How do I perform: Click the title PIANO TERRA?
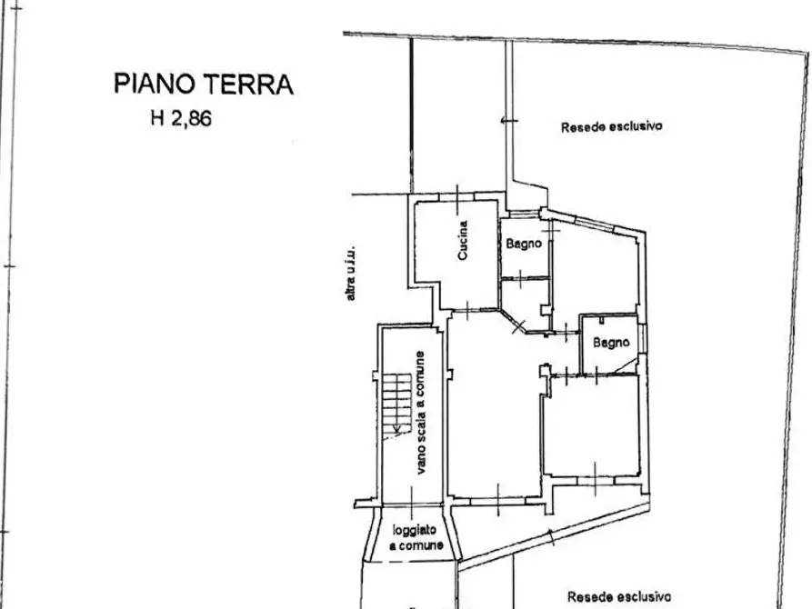(x=204, y=85)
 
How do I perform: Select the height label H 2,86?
(x=181, y=118)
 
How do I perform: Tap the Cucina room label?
(x=463, y=242)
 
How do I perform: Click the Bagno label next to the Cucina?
(x=524, y=244)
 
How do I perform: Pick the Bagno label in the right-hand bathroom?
(x=611, y=343)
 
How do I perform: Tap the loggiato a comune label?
(x=417, y=538)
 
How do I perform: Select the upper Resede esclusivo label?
(x=611, y=126)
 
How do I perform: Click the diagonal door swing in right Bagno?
(x=626, y=364)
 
